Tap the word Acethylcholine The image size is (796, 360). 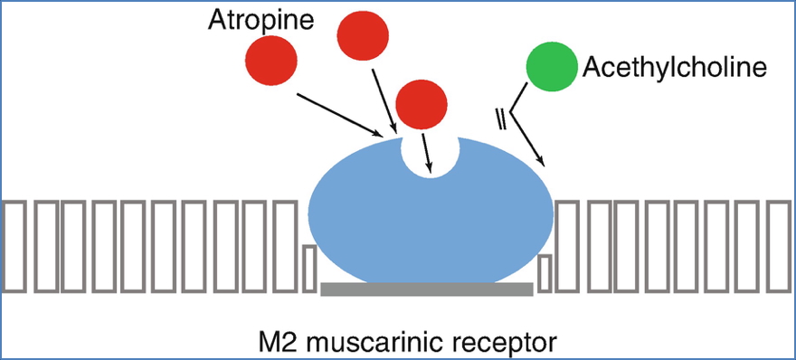(x=675, y=67)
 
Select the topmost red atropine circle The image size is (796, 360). (x=364, y=33)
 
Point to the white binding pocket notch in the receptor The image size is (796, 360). (x=431, y=156)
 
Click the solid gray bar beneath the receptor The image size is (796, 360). (x=427, y=289)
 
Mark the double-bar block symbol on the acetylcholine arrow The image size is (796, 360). (x=498, y=118)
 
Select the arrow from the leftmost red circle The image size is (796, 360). (x=342, y=117)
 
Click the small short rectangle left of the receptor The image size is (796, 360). (x=308, y=269)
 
